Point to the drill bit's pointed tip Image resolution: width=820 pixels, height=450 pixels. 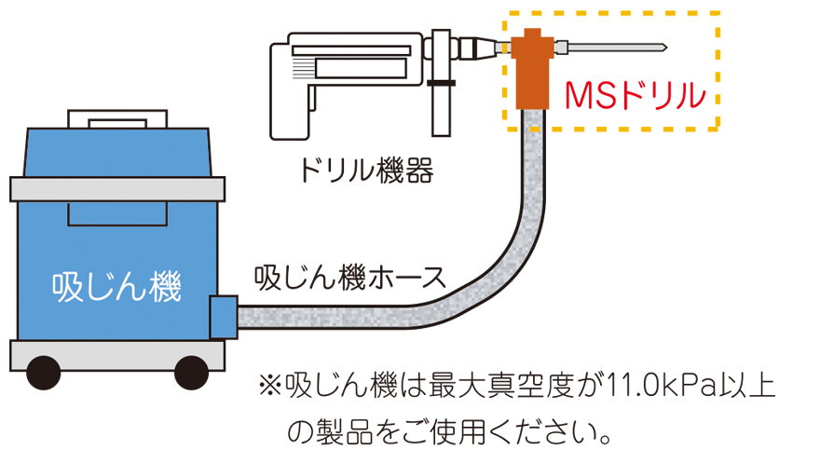(x=663, y=46)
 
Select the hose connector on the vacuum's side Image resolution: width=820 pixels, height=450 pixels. (x=224, y=317)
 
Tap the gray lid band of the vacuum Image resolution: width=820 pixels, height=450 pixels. (x=117, y=189)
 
